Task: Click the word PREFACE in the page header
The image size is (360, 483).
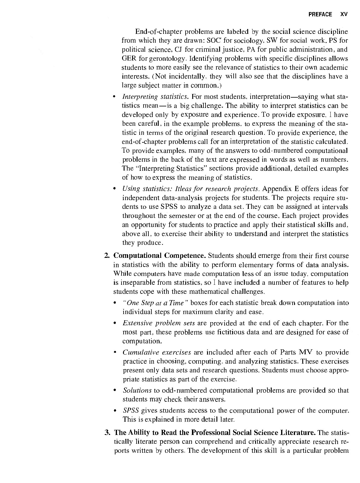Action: point(320,14)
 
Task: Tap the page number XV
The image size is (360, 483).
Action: point(344,14)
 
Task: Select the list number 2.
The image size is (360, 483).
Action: point(107,256)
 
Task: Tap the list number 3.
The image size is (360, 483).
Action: point(107,433)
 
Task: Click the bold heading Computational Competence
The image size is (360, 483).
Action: point(160,256)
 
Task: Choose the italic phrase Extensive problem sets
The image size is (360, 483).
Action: point(159,323)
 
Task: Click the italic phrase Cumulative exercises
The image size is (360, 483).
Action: point(157,352)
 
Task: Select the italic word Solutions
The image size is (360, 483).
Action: point(137,391)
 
